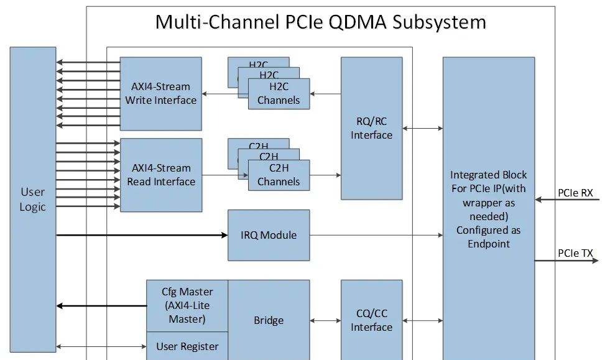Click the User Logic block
coord(32,199)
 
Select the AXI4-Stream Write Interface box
coord(160,93)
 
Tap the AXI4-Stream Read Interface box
coord(160,175)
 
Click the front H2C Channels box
coord(279,94)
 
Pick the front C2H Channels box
coord(279,175)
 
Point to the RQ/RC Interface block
coord(371,129)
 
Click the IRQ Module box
coord(269,235)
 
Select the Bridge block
coord(269,320)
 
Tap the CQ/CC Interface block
coord(371,320)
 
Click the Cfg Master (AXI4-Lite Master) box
coord(187,305)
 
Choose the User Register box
coord(187,346)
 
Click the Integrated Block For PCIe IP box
coord(488,209)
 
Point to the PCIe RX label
coord(575,193)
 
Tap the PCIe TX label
coord(575,253)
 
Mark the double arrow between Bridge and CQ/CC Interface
coord(325,321)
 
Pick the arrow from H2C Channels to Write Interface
coord(224,94)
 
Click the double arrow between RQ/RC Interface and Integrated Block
coord(422,129)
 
